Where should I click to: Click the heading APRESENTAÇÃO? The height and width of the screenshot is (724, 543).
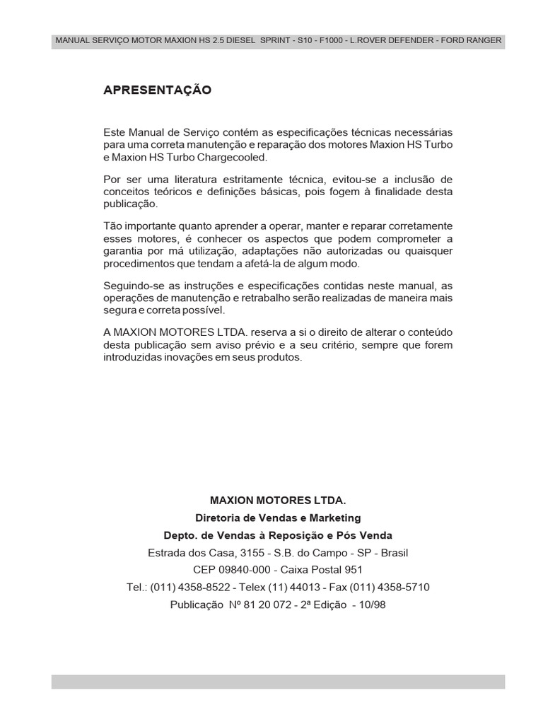coord(157,90)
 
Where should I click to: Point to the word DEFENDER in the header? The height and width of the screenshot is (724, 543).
coord(406,40)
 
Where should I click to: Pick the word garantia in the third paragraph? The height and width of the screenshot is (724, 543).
coord(122,251)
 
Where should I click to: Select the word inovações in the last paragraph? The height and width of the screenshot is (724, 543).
coord(187,358)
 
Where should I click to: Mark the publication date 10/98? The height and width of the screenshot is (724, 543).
coord(371,605)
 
